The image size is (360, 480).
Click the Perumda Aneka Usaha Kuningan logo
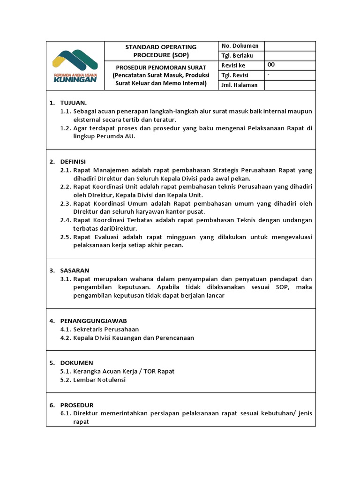coord(75,66)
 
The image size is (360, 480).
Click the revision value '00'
coord(271,65)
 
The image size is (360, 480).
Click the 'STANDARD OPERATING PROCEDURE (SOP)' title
coord(161,51)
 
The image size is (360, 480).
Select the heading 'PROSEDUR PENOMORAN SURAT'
coord(161,67)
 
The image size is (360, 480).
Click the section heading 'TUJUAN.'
coord(73,103)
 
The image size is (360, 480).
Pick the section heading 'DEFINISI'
coord(73,161)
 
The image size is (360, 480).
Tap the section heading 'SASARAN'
coord(75,270)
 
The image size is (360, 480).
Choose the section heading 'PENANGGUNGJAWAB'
coord(93,321)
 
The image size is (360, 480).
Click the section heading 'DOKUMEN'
coord(76,363)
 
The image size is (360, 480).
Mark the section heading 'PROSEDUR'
coord(77,405)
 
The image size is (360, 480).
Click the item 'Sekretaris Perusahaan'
coord(106,330)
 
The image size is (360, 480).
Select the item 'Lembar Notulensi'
coord(99,380)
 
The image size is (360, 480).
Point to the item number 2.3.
coord(65,203)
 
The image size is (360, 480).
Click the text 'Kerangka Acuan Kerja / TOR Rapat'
coord(124,371)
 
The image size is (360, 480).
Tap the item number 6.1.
coord(65,413)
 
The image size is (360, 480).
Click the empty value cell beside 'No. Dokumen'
coord(290,46)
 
